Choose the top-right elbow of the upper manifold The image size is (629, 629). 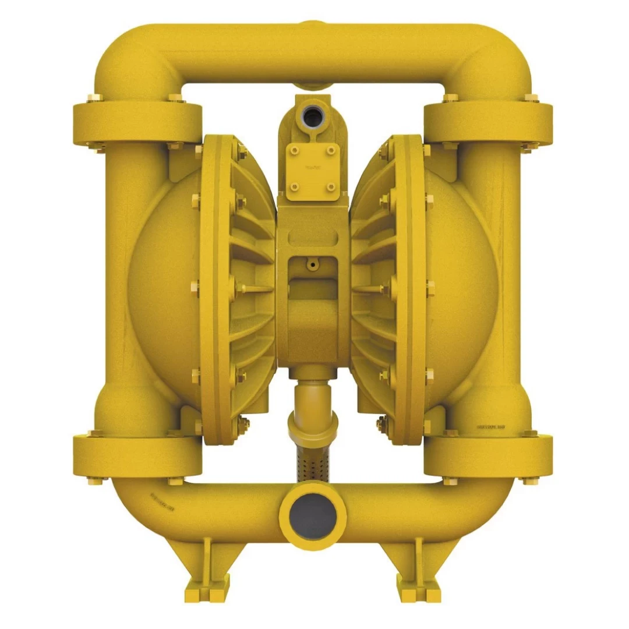(495, 58)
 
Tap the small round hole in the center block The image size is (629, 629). (313, 264)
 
